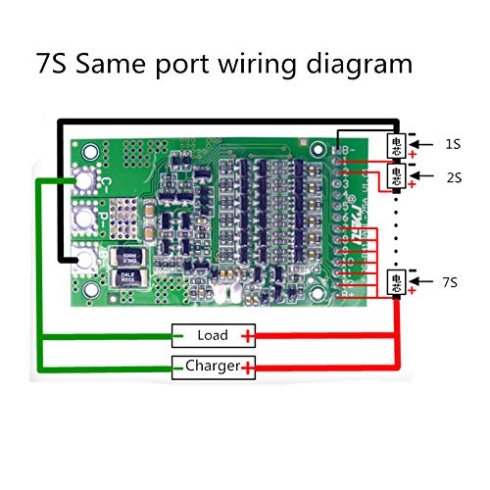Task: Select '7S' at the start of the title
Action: (x=55, y=65)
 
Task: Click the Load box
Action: (x=212, y=336)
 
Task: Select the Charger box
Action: (x=212, y=367)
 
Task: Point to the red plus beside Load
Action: (x=249, y=337)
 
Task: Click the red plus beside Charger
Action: (x=249, y=368)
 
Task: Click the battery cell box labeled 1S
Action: (x=397, y=144)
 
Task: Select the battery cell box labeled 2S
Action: (x=397, y=175)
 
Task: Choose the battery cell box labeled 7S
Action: (x=397, y=281)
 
